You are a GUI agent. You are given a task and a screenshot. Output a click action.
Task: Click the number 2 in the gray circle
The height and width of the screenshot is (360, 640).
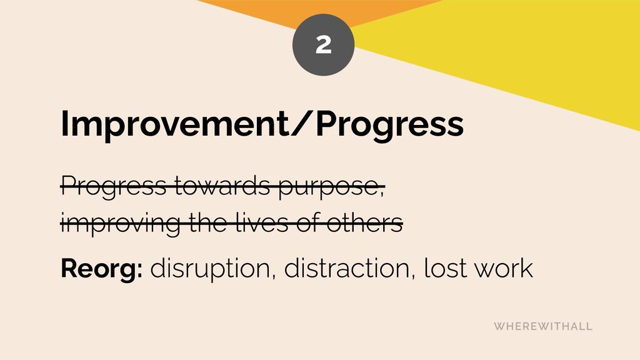(323, 44)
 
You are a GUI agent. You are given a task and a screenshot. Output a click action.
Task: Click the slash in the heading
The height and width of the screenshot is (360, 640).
(302, 123)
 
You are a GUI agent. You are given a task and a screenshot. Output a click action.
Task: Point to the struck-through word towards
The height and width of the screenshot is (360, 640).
(222, 186)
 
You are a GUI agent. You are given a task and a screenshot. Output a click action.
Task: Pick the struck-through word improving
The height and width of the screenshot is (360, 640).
(121, 224)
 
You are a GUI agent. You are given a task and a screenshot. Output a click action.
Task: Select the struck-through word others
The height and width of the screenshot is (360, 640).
(365, 223)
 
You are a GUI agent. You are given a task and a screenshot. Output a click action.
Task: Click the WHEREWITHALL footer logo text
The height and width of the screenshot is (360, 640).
(543, 326)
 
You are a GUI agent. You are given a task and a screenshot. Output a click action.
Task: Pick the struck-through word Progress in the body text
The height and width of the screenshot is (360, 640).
(114, 187)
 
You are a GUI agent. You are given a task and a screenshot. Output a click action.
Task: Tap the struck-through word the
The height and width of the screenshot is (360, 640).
(208, 223)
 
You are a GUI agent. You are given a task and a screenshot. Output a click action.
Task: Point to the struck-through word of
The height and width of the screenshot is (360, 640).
(309, 223)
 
